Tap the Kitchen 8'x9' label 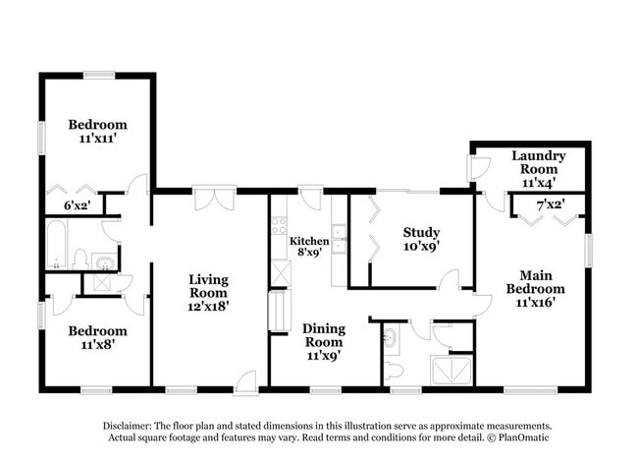click(x=309, y=247)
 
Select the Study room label click(x=420, y=239)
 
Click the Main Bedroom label click(x=535, y=288)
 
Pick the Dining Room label click(x=323, y=341)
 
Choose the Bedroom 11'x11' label click(x=97, y=132)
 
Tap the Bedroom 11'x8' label click(x=97, y=338)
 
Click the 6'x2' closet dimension click(x=77, y=205)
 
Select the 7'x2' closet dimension click(x=550, y=204)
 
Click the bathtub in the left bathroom click(x=56, y=245)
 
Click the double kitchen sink click(x=338, y=239)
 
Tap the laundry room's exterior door click(x=479, y=168)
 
